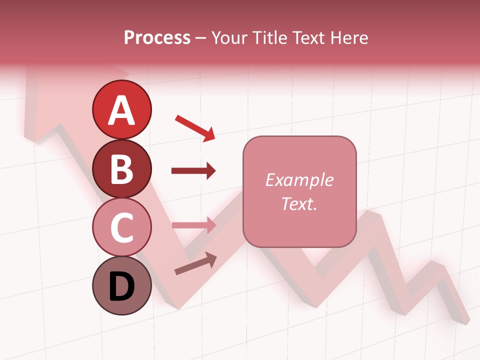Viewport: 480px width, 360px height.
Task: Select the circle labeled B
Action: coord(121,168)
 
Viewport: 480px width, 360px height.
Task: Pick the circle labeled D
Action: coord(121,285)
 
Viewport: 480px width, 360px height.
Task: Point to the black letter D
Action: coord(121,287)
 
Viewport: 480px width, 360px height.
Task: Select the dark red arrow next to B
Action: coord(193,171)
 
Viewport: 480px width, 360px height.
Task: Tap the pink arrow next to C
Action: coord(193,225)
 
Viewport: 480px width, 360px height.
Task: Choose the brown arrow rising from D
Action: coord(195,264)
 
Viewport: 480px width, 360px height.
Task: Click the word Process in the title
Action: coord(157,37)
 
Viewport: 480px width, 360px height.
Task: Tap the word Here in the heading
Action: coord(348,37)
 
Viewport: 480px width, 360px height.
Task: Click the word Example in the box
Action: coord(299,180)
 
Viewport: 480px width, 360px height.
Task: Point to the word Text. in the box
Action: coord(299,203)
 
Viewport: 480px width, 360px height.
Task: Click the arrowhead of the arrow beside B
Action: coord(210,171)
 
